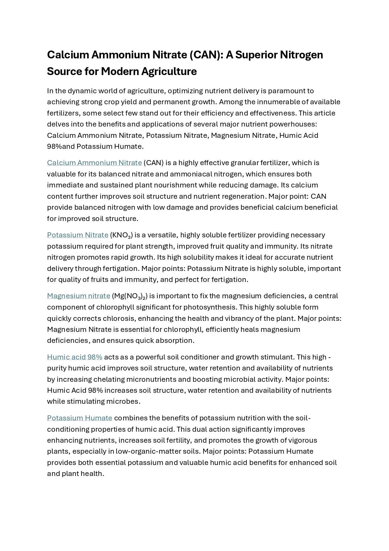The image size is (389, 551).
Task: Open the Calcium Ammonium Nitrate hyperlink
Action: pos(94,163)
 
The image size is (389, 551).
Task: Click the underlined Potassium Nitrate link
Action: pos(77,235)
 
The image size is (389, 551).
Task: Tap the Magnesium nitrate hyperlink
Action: pos(78,296)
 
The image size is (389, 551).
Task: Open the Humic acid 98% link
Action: pos(75,357)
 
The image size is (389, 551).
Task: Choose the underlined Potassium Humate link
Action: pos(80,418)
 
